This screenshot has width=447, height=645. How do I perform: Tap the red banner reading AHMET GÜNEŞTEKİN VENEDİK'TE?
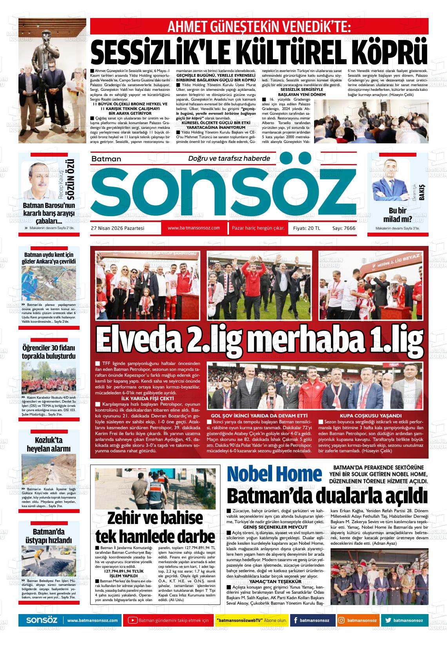[x=259, y=27]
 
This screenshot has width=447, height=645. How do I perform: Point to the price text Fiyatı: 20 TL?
[x=307, y=228]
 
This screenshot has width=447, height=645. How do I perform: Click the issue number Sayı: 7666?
[x=343, y=228]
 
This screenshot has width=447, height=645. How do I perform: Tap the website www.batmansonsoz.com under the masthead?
[x=193, y=228]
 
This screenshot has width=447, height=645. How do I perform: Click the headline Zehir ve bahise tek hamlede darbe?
[x=155, y=527]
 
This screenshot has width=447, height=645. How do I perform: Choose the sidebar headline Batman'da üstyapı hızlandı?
[x=49, y=536]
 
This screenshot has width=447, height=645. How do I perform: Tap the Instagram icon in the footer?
[x=342, y=620]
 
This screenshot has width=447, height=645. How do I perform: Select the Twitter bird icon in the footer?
[x=388, y=620]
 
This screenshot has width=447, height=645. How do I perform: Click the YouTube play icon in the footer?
[x=133, y=620]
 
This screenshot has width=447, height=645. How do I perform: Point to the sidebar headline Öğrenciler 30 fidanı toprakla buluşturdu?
[x=49, y=352]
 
